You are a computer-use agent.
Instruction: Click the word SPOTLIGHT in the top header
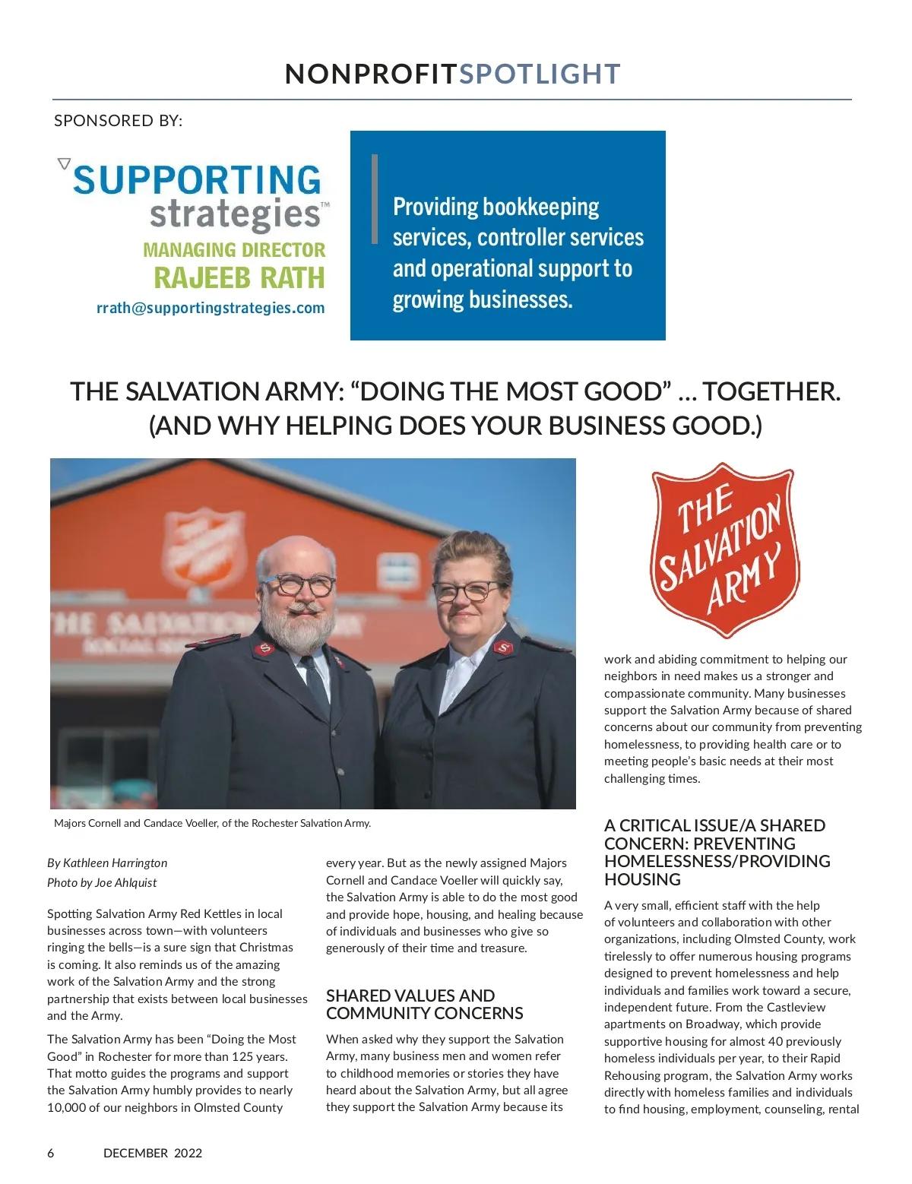pyautogui.click(x=540, y=74)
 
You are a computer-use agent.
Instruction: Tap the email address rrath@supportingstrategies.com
pyautogui.click(x=211, y=308)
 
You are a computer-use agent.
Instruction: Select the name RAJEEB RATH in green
pyautogui.click(x=239, y=278)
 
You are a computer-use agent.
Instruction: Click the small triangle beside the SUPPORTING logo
pyautogui.click(x=64, y=163)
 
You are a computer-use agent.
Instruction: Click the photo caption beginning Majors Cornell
pyautogui.click(x=212, y=823)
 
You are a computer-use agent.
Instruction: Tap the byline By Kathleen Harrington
pyautogui.click(x=107, y=863)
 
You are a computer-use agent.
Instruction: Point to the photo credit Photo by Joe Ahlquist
pyautogui.click(x=102, y=882)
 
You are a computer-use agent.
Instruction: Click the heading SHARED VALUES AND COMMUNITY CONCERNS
pyautogui.click(x=424, y=1004)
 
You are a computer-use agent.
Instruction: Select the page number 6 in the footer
pyautogui.click(x=51, y=1153)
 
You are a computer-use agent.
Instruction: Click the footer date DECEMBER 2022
pyautogui.click(x=153, y=1153)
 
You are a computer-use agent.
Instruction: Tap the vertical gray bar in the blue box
pyautogui.click(x=374, y=199)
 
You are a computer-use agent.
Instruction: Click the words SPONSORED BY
pyautogui.click(x=118, y=121)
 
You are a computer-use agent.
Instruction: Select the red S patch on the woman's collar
pyautogui.click(x=502, y=648)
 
